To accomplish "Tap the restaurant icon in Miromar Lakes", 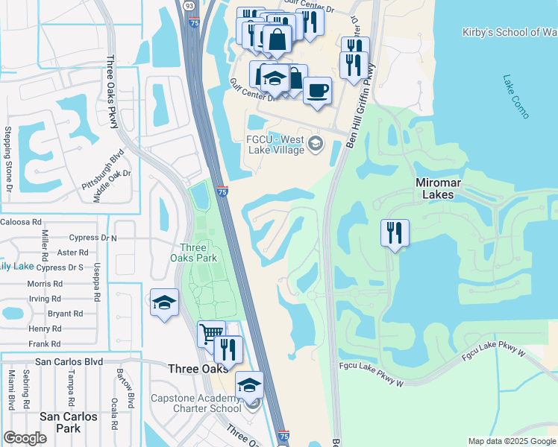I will (395, 233).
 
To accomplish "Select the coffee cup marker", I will (318, 90).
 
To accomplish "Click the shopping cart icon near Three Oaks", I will (211, 334).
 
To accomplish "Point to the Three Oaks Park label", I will (198, 253).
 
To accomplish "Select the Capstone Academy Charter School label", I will (196, 402).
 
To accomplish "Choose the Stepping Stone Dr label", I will (8, 159).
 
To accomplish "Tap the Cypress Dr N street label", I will (93, 238).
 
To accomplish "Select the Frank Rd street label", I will (45, 343).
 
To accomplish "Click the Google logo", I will (25, 438).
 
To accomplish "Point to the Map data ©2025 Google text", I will (511, 441).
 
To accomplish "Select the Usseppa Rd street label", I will (97, 282).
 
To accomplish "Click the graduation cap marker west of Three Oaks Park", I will (164, 302).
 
